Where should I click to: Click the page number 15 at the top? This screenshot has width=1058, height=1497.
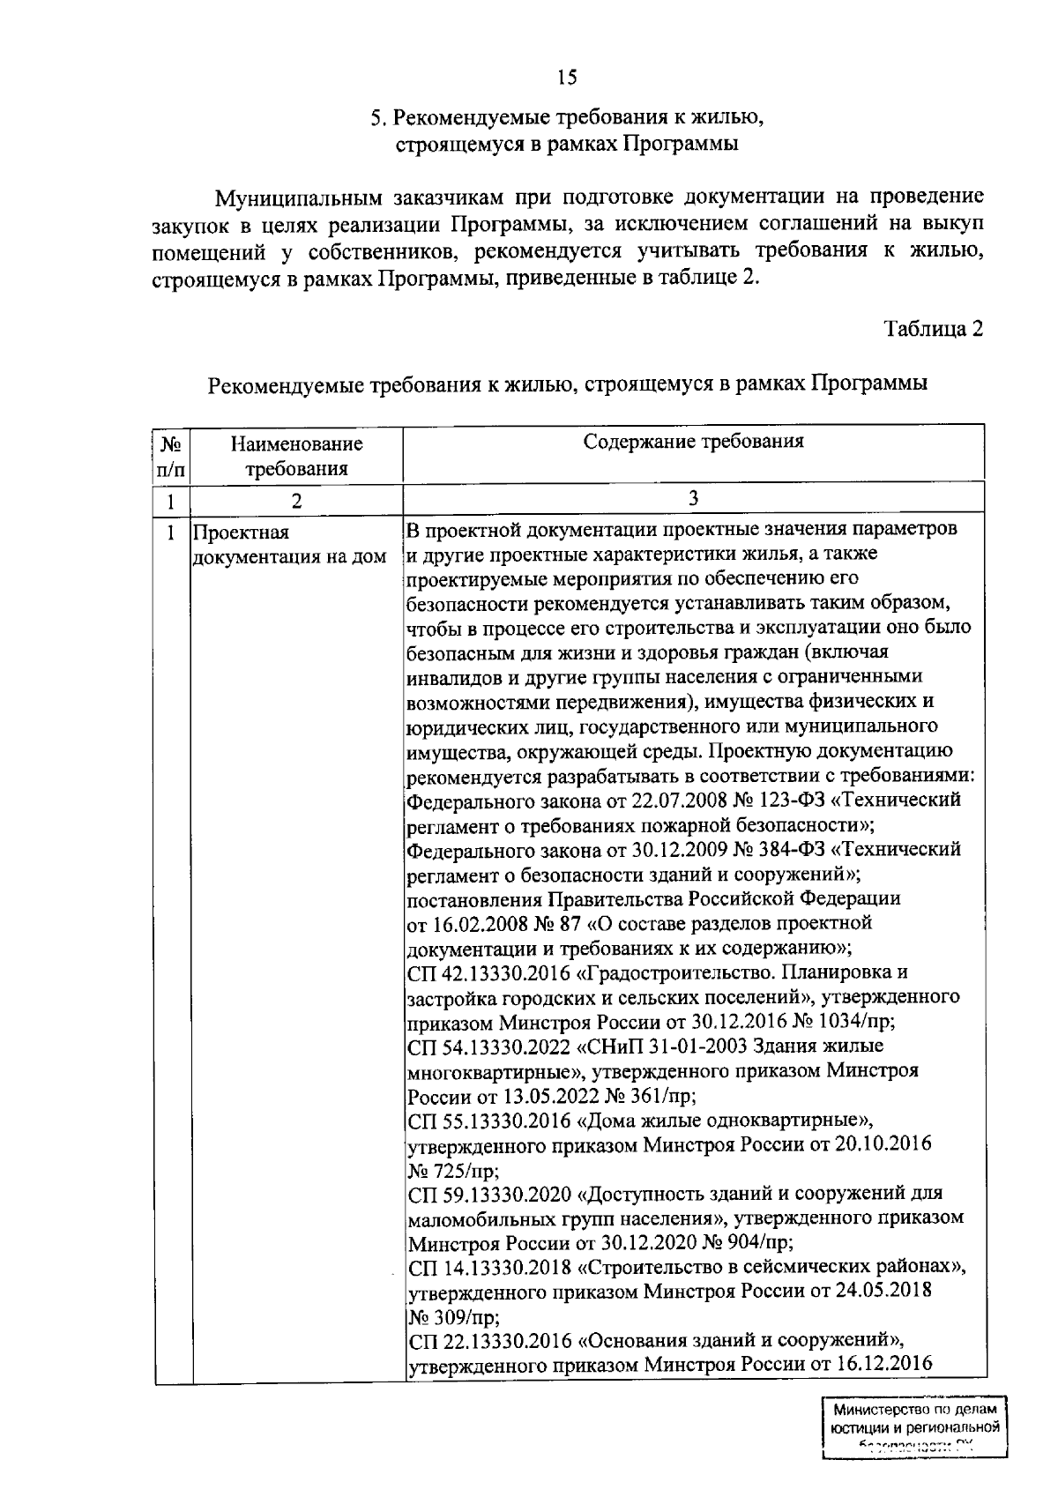coord(567,78)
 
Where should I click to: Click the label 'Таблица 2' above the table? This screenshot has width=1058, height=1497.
coord(934,329)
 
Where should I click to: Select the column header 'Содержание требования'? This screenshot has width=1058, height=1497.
coord(693,442)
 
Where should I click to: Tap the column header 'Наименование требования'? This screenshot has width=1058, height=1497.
coord(296,456)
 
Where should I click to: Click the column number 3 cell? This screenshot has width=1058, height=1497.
coord(693,499)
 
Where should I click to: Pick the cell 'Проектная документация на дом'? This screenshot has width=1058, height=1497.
coord(289,545)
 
